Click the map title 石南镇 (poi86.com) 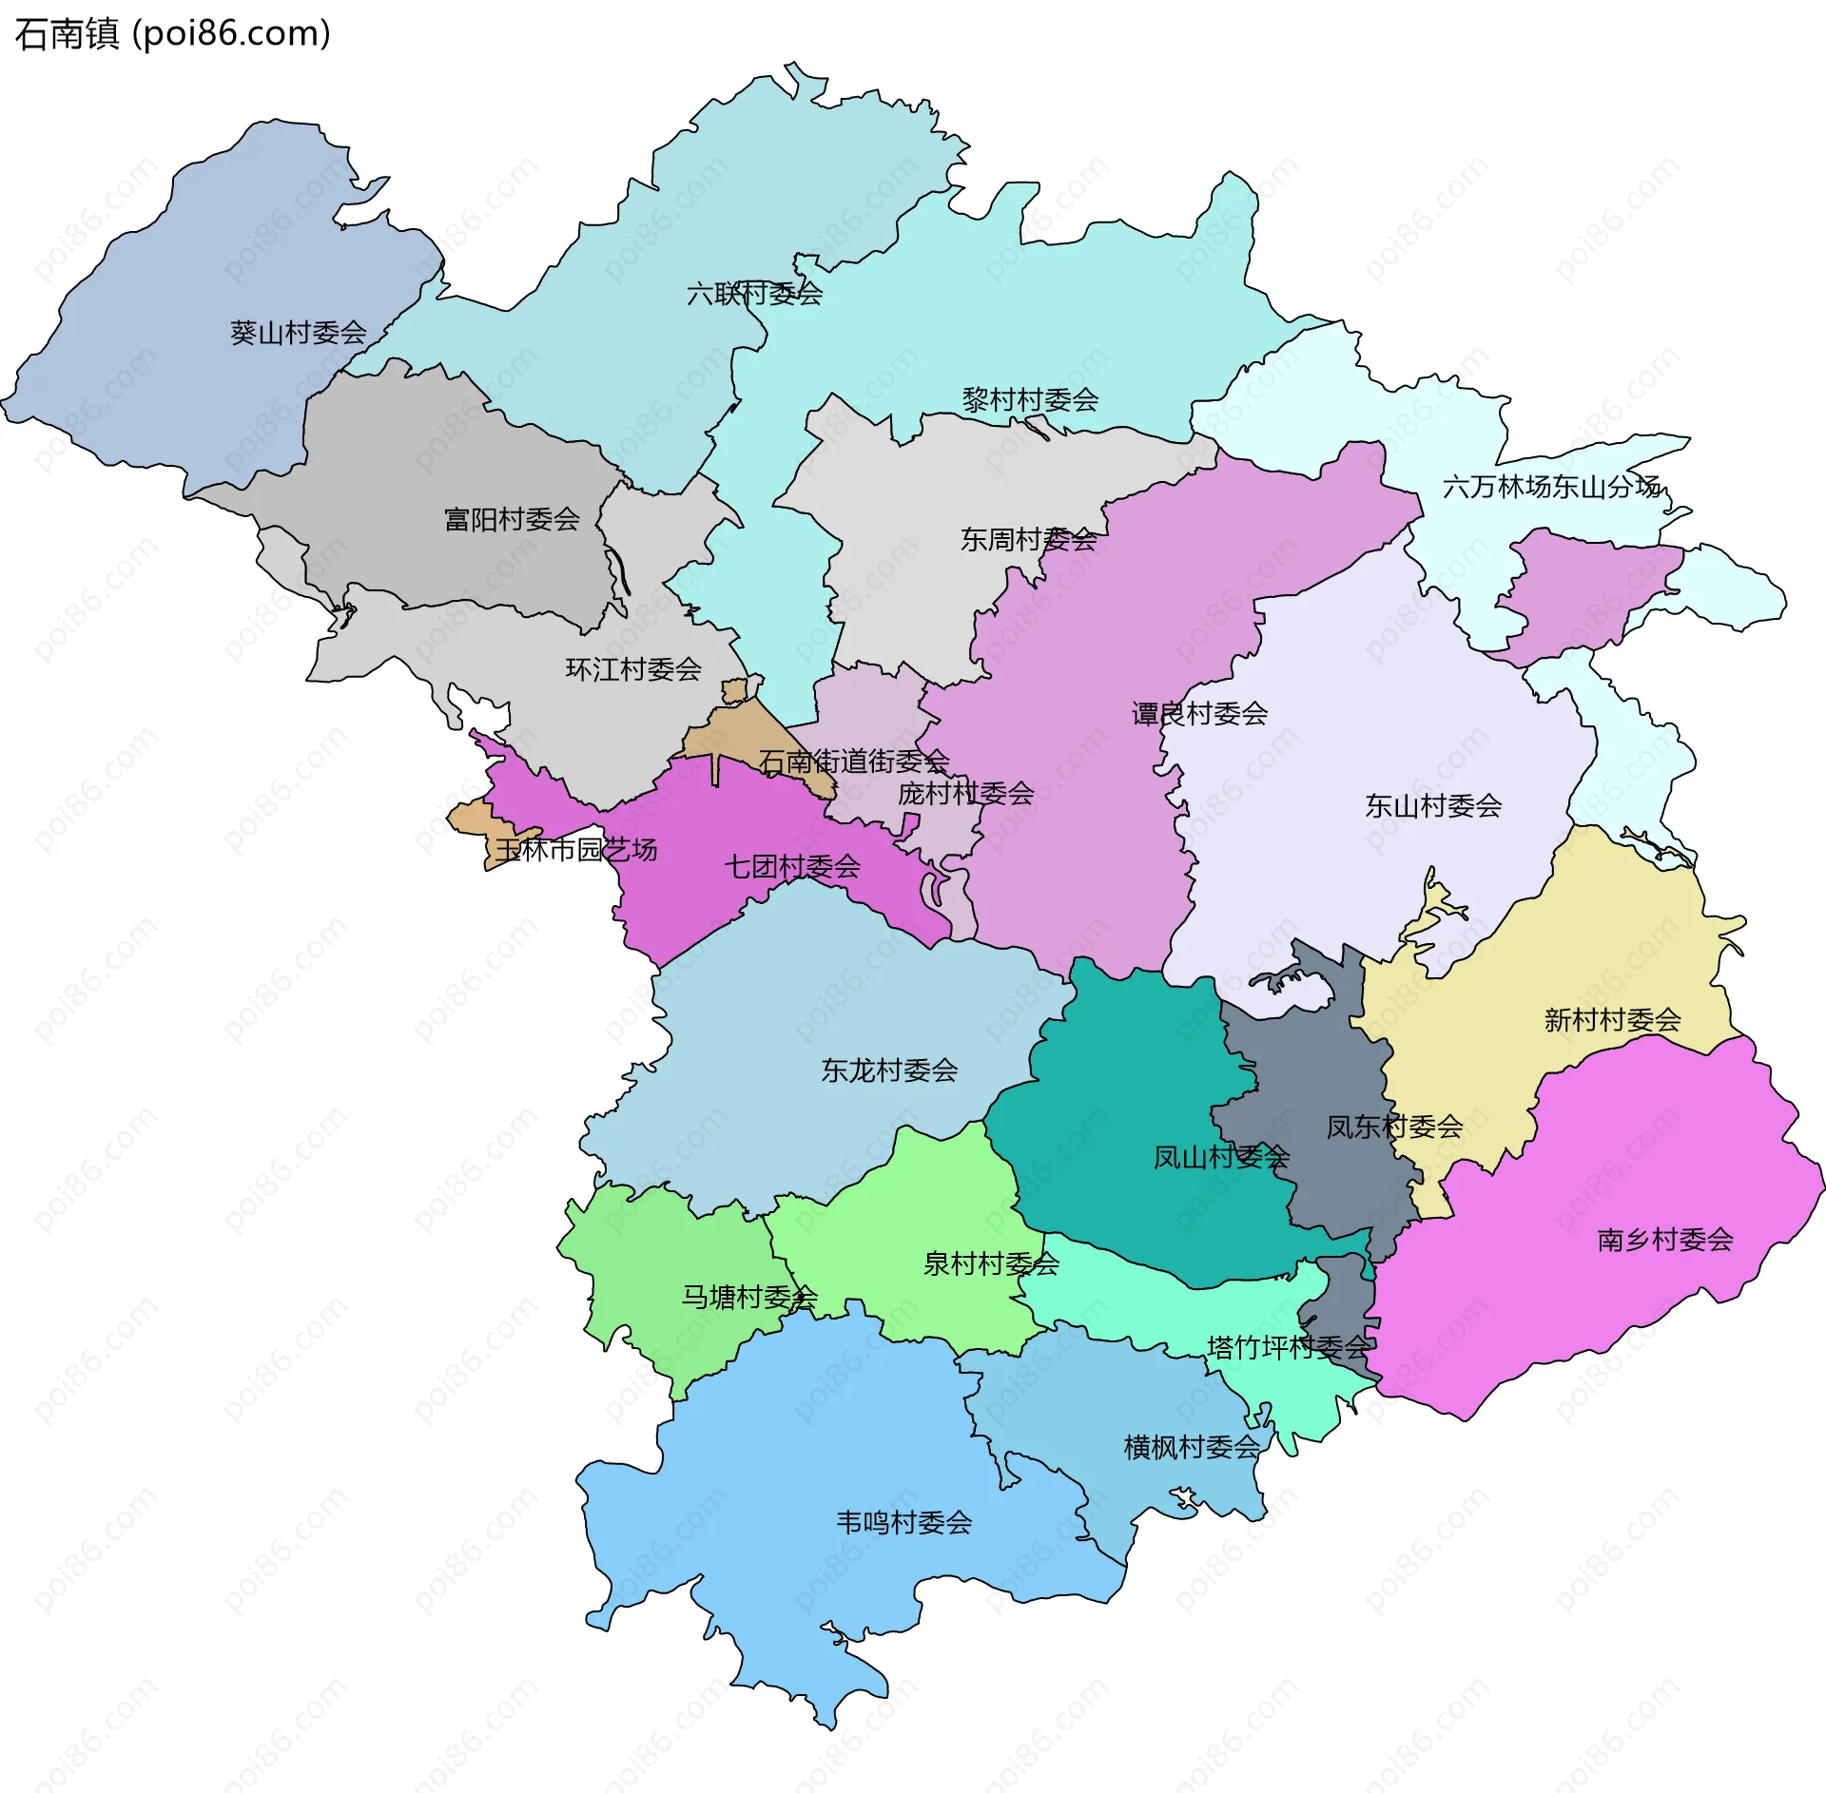(172, 34)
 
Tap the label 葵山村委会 (298, 333)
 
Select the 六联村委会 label (754, 294)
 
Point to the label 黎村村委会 (1030, 399)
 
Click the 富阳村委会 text (512, 519)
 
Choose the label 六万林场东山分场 (1551, 487)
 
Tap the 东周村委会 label (1028, 540)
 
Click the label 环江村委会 (633, 669)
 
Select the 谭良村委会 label (1199, 713)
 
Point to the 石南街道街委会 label (853, 761)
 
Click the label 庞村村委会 (965, 793)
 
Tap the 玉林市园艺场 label (576, 849)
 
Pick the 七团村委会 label (792, 866)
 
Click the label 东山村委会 (1433, 806)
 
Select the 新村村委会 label (1612, 1020)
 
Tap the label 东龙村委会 (889, 1070)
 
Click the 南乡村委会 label (1664, 1240)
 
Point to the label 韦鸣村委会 (903, 1523)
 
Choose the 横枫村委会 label (1192, 1448)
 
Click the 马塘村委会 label (749, 1297)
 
